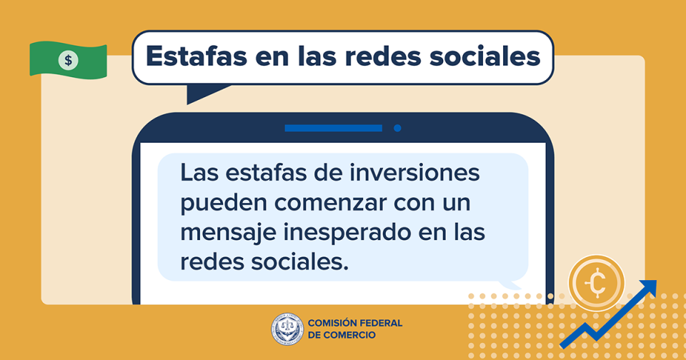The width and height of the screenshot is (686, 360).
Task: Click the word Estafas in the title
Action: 197,56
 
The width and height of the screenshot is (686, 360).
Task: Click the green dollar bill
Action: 69,61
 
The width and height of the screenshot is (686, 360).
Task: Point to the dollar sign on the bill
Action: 69,60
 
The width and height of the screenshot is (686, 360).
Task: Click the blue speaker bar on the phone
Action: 334,128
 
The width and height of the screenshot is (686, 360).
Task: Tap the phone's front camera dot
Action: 397,128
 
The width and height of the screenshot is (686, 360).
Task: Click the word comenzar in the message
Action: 330,203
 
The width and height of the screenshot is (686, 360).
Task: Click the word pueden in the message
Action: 224,204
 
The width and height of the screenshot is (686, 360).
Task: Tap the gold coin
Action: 596,283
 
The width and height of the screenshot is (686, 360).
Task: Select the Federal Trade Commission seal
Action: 287,329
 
